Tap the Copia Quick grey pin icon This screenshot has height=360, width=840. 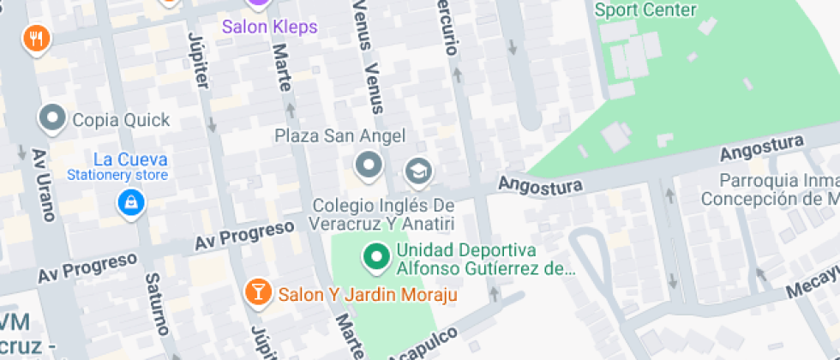coord(53,119)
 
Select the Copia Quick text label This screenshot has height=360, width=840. coord(122,120)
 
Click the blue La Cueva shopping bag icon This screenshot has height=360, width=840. coord(131,202)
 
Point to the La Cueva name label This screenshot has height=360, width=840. coord(130,159)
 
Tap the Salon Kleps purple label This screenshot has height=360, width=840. coord(270,27)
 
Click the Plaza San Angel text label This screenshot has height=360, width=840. coord(339,136)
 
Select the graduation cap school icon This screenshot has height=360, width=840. coord(417,171)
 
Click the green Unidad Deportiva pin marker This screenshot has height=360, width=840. coord(375,257)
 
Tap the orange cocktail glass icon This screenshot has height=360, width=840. coord(255,291)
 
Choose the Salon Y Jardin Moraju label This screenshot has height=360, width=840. coord(368,295)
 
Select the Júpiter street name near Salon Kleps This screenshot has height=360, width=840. coord(197,59)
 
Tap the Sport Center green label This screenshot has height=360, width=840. coord(645,10)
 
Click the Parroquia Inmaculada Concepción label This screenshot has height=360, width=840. coord(770,190)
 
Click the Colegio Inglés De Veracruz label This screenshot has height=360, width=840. coord(382,214)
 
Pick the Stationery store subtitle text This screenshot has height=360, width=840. coord(130,176)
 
